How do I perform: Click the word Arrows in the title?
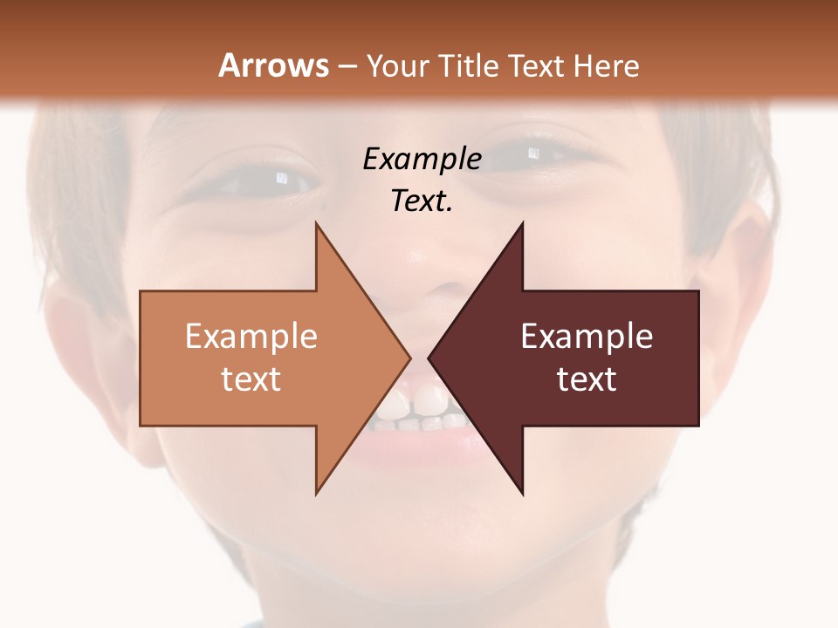tap(273, 65)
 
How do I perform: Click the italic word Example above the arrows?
tap(422, 160)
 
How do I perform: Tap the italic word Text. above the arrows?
tap(422, 201)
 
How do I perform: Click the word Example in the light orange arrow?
tap(251, 337)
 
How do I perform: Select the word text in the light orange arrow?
tap(251, 379)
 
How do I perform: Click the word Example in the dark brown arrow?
tap(587, 337)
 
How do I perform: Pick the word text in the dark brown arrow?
tap(587, 379)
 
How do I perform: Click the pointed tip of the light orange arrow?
tap(409, 358)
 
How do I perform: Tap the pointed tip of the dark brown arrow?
tap(429, 358)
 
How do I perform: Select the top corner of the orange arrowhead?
tap(316, 223)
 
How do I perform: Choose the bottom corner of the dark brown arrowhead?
tap(522, 494)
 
